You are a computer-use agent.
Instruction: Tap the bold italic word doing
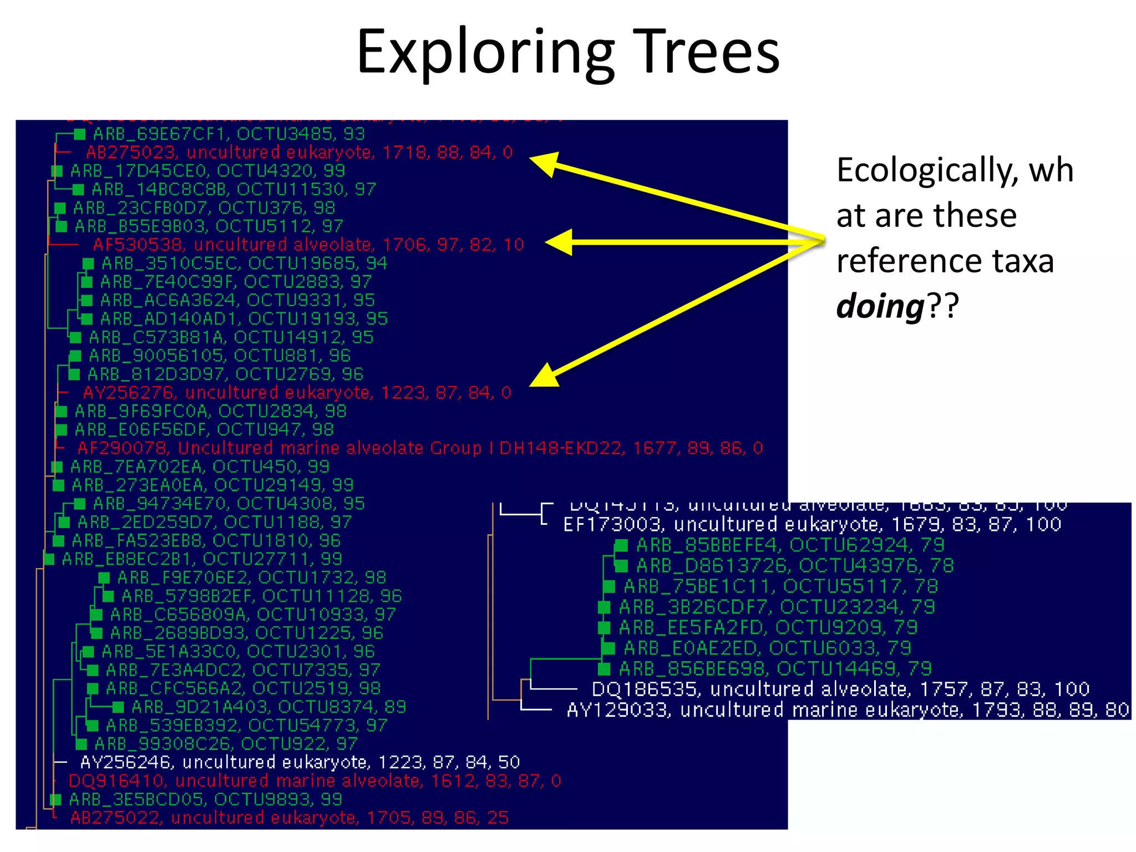coord(880,306)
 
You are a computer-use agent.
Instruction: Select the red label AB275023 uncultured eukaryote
coord(300,152)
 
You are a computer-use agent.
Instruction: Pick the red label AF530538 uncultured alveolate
coord(308,245)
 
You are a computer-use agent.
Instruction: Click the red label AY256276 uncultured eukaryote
coord(297,393)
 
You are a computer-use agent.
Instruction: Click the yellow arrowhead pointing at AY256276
coord(544,377)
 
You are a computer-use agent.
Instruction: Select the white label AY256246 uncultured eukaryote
coord(300,762)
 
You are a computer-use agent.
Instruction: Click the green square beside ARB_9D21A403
coord(118,707)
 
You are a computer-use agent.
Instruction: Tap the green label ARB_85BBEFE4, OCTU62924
coord(790,545)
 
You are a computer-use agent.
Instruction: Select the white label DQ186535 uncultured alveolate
coord(840,689)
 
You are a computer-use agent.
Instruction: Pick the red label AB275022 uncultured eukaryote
coord(289,818)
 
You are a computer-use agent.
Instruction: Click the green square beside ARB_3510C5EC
coord(88,263)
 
